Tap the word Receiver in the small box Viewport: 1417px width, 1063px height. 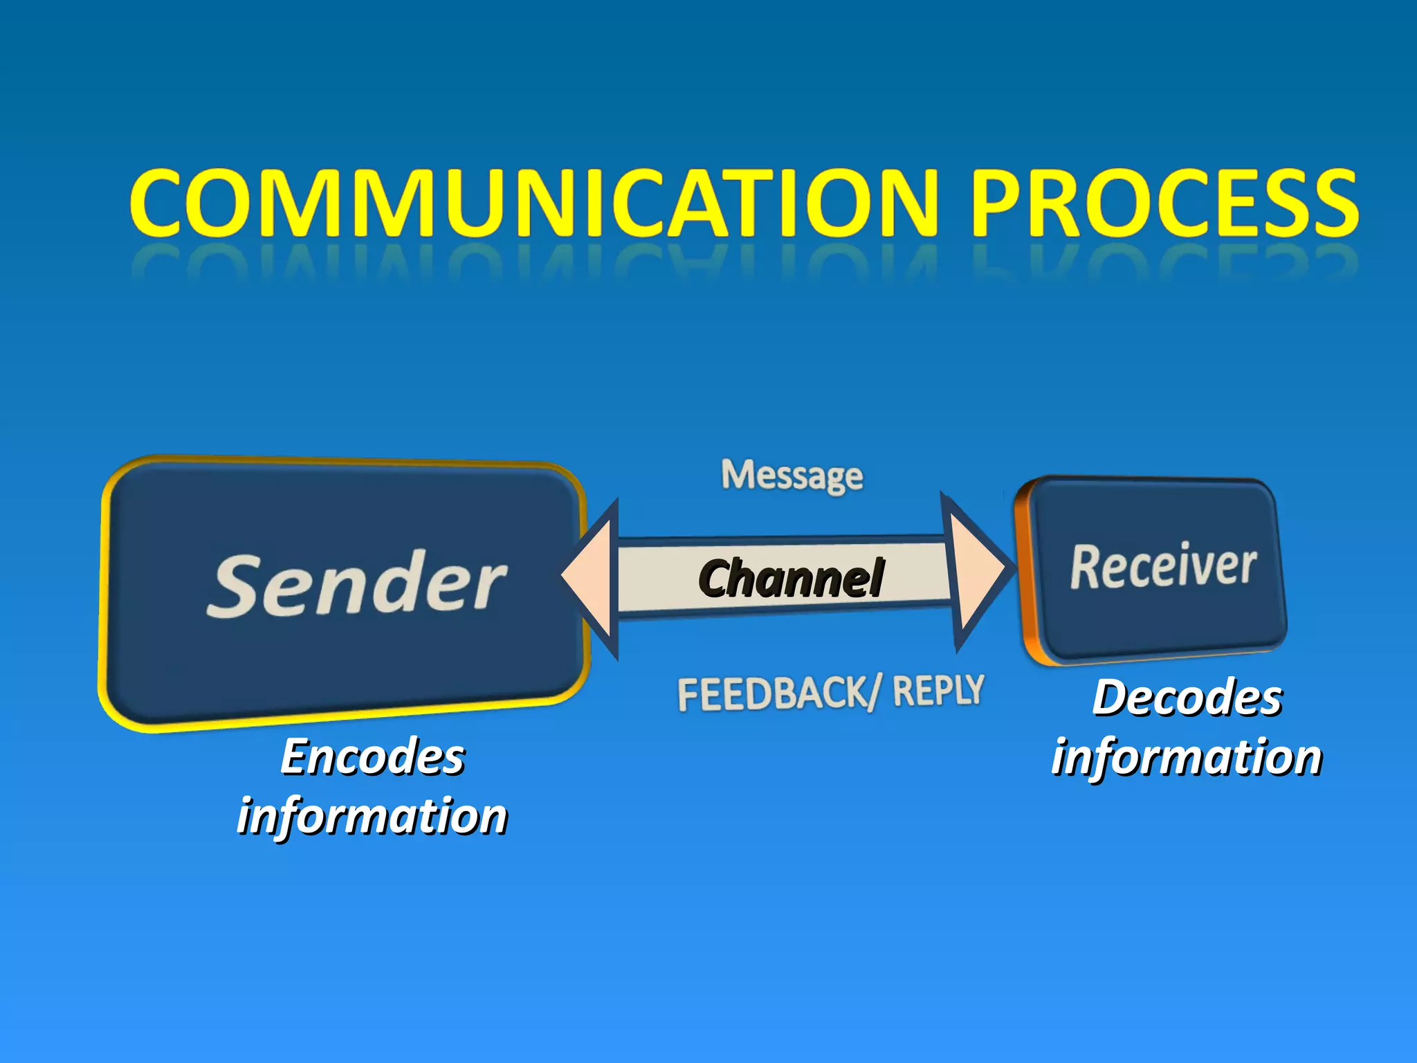click(x=1163, y=566)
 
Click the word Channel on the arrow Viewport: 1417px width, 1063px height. click(x=791, y=579)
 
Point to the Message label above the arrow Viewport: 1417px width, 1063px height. click(x=792, y=476)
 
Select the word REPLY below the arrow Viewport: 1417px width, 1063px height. click(x=938, y=691)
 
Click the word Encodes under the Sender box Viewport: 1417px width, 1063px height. click(x=373, y=756)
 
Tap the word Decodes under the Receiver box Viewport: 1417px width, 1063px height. click(x=1187, y=697)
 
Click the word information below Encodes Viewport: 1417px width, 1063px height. click(x=372, y=816)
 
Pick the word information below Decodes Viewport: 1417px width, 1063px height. click(x=1187, y=756)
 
